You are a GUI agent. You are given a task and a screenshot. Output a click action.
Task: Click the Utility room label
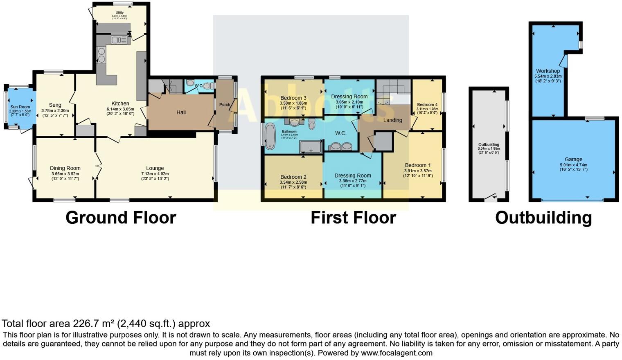[x=119, y=13]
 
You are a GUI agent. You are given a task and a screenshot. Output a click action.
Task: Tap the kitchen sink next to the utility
[x=119, y=40]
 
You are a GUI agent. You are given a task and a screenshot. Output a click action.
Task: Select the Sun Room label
[x=20, y=107]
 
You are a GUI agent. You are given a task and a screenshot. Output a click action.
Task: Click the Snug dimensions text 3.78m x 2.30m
[x=55, y=110]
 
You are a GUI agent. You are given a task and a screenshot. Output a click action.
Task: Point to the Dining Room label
[x=65, y=168]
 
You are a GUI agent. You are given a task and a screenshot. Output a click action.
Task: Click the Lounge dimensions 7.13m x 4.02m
[x=155, y=173]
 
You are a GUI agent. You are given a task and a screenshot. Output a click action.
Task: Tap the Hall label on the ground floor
[x=181, y=112]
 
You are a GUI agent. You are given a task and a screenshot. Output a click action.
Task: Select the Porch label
[x=225, y=105]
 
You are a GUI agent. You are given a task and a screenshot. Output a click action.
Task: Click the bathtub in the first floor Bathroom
[x=270, y=136]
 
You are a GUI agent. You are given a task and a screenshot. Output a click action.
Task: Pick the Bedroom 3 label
[x=293, y=98]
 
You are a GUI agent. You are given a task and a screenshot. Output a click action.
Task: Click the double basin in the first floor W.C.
[x=341, y=146]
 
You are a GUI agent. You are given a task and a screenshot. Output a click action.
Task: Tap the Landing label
[x=392, y=120]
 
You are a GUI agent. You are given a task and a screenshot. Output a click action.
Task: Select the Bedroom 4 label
[x=427, y=105]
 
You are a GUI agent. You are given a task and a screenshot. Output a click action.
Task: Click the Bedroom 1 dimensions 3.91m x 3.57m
[x=417, y=171]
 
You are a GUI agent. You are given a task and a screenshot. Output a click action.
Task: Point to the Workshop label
[x=548, y=71]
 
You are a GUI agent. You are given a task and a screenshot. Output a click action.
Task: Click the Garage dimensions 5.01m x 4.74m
[x=573, y=165]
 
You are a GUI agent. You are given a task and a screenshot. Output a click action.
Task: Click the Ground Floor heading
[x=121, y=218]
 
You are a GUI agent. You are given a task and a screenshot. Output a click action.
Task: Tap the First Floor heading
[x=353, y=218]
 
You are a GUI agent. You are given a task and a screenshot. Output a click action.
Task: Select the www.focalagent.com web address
[x=396, y=353]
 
